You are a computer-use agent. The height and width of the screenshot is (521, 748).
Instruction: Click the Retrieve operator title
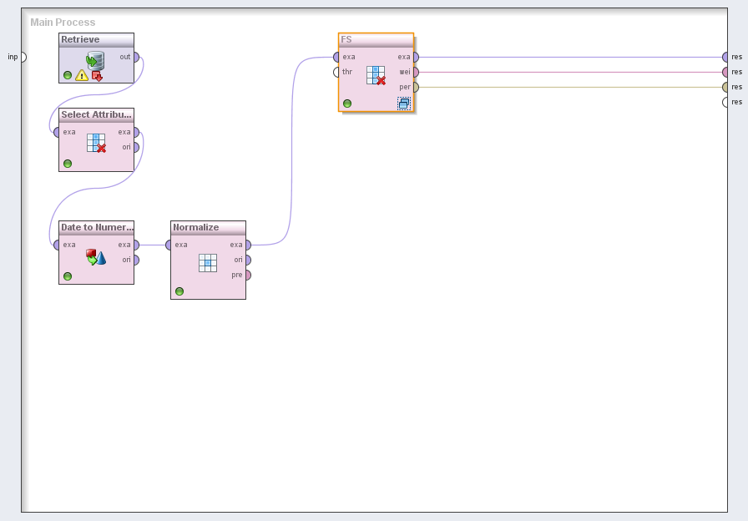80,40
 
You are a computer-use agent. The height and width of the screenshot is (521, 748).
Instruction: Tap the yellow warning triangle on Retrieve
82,75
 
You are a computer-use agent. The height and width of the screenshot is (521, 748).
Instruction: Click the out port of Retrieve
136,58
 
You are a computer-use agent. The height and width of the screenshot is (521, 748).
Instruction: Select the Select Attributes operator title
96,115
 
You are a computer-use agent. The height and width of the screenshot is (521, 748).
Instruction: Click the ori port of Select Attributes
136,147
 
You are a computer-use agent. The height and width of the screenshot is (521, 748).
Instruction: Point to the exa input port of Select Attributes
57,132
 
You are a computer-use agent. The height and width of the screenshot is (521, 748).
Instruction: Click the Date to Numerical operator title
96,227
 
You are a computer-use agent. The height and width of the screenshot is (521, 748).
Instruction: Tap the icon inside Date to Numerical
96,257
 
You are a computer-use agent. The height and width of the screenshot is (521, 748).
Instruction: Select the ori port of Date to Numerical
136,260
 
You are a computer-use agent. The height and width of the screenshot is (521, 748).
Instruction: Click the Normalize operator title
196,227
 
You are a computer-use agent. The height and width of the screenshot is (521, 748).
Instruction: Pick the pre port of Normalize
247,275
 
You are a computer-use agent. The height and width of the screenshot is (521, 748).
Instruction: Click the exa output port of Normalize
247,245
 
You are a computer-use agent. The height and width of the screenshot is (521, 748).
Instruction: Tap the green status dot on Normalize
179,291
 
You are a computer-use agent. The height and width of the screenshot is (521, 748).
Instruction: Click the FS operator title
346,40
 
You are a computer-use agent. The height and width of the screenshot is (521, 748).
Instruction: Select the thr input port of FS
336,72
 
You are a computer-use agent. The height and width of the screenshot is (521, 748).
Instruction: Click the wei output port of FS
415,72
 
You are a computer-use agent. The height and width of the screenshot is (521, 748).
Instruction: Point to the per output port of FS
415,87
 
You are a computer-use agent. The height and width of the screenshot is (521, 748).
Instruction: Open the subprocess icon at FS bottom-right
404,104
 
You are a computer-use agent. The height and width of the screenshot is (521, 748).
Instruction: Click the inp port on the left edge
23,57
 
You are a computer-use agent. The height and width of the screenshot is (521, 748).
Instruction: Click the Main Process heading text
63,23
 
